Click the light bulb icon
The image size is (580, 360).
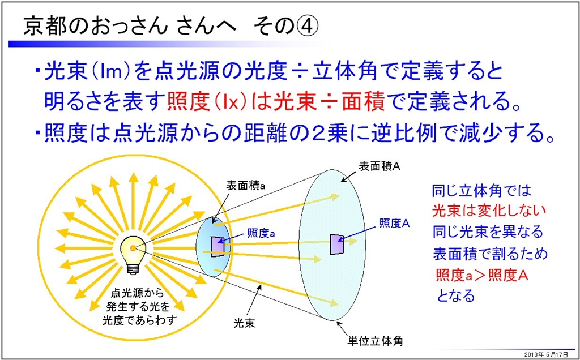[x=133, y=255]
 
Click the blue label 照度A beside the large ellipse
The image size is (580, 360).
[x=395, y=223]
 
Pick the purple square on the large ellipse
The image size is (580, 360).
[x=337, y=243]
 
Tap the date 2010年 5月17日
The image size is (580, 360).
[x=549, y=354]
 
